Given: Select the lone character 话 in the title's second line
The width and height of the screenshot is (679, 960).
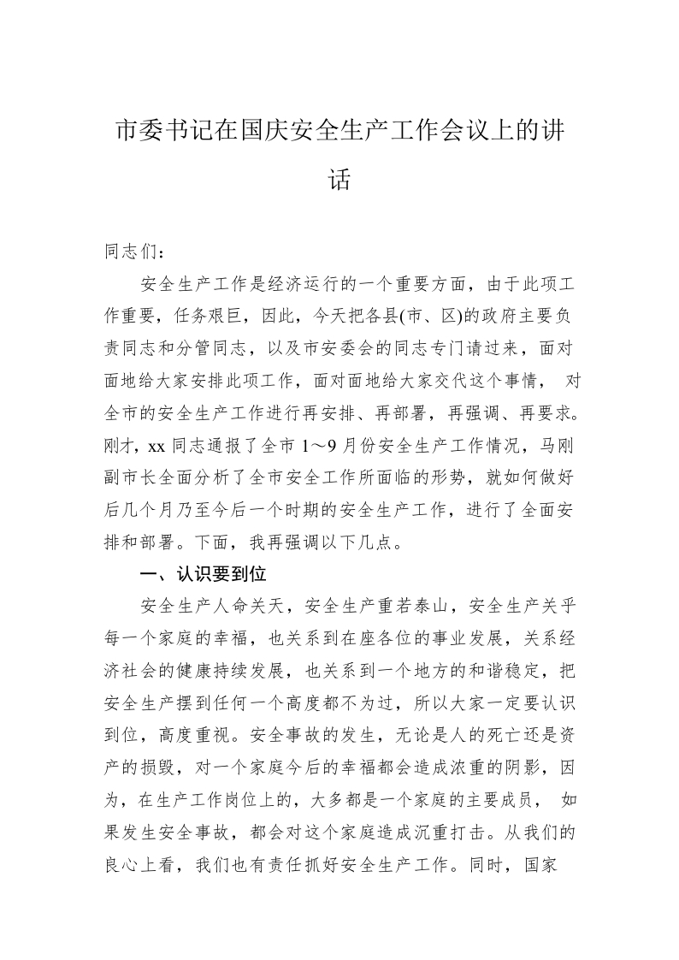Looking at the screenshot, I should pos(339,180).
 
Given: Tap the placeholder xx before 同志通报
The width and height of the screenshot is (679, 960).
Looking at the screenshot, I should pos(156,446).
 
